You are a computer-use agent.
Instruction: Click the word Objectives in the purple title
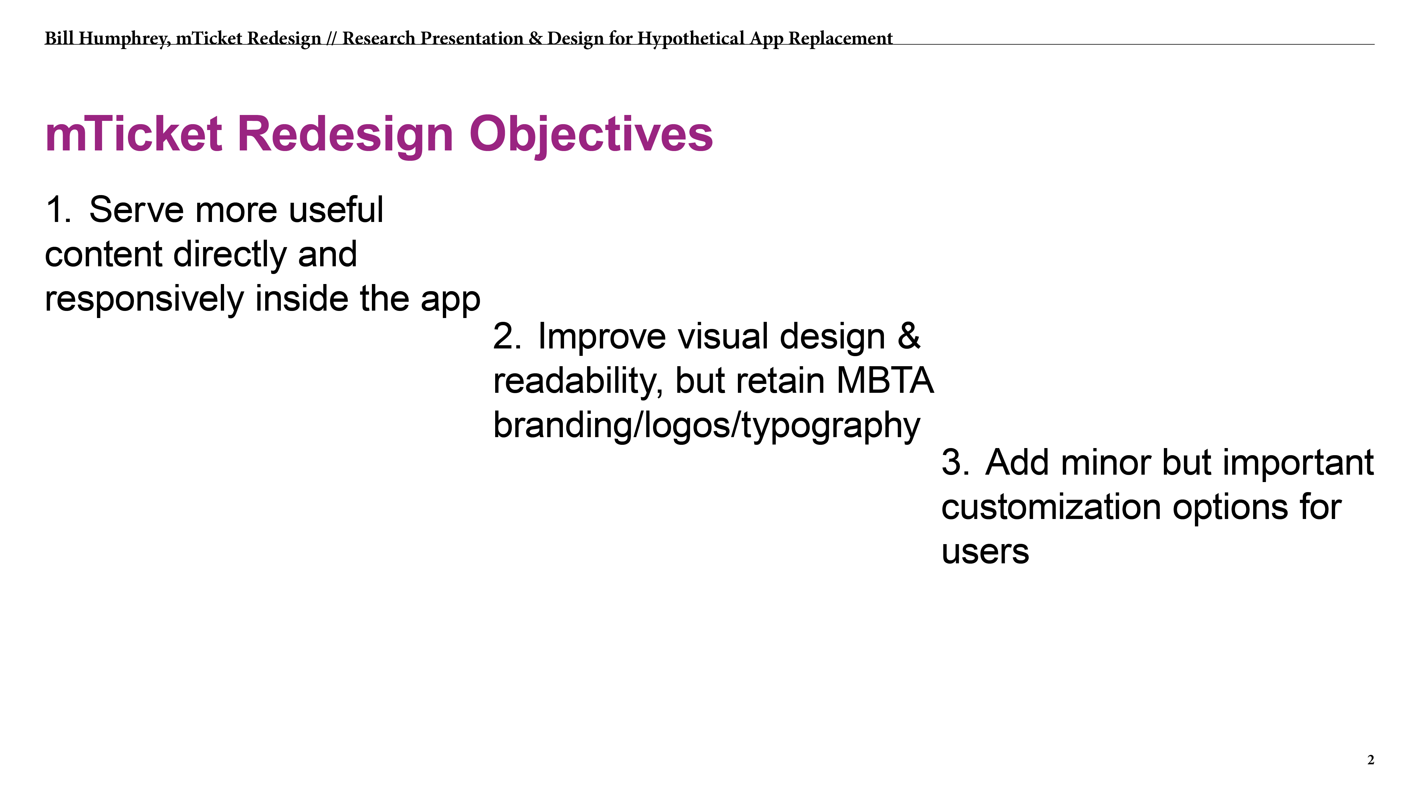(x=591, y=135)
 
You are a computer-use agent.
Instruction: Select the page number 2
(x=1371, y=760)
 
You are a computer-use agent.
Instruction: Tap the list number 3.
(x=955, y=463)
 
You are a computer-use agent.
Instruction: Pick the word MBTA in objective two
(x=885, y=381)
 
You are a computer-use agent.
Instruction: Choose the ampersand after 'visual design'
(x=909, y=337)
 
